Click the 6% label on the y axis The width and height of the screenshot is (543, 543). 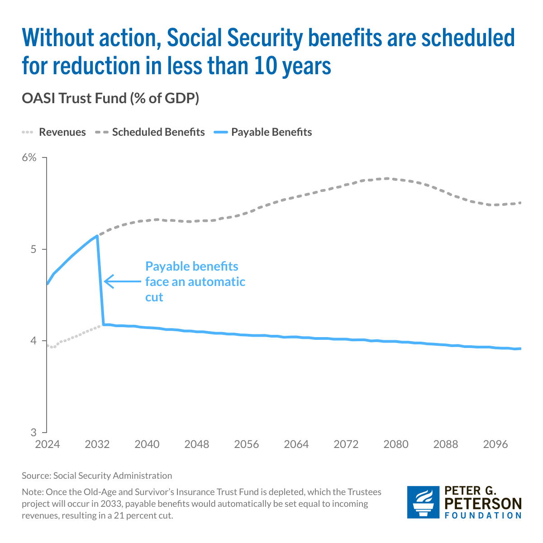pyautogui.click(x=29, y=158)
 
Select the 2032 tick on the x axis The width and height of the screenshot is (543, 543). pyautogui.click(x=97, y=444)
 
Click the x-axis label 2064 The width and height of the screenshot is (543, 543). pyautogui.click(x=296, y=444)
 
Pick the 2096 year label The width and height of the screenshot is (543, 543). pyautogui.click(x=495, y=444)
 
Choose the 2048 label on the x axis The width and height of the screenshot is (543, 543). pyautogui.click(x=197, y=444)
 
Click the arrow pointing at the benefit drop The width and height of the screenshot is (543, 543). pyautogui.click(x=122, y=281)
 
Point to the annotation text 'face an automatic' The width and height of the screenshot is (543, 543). pyautogui.click(x=195, y=281)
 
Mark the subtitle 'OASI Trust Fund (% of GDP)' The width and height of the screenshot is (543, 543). pyautogui.click(x=110, y=98)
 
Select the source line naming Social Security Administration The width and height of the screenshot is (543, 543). pyautogui.click(x=97, y=476)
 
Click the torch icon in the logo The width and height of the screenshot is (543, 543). pyautogui.click(x=423, y=502)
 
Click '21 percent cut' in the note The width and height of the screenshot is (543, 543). pyautogui.click(x=146, y=515)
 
